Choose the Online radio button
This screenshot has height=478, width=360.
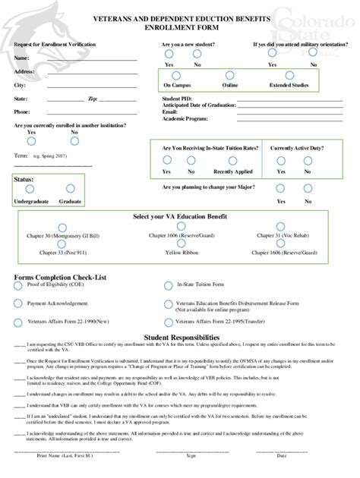pyautogui.click(x=230, y=74)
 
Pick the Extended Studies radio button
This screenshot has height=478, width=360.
pyautogui.click(x=288, y=74)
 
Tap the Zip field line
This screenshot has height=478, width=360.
pyautogui.click(x=118, y=99)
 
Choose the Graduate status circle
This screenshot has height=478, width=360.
pyautogui.click(x=71, y=189)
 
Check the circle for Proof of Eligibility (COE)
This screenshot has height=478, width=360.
pyautogui.click(x=17, y=286)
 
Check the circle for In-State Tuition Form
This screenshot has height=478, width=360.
pyautogui.click(x=167, y=286)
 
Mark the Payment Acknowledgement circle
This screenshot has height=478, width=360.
pyautogui.click(x=17, y=303)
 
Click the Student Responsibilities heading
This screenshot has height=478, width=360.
pyautogui.click(x=179, y=336)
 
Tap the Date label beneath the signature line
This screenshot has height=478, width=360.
pyautogui.click(x=282, y=455)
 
